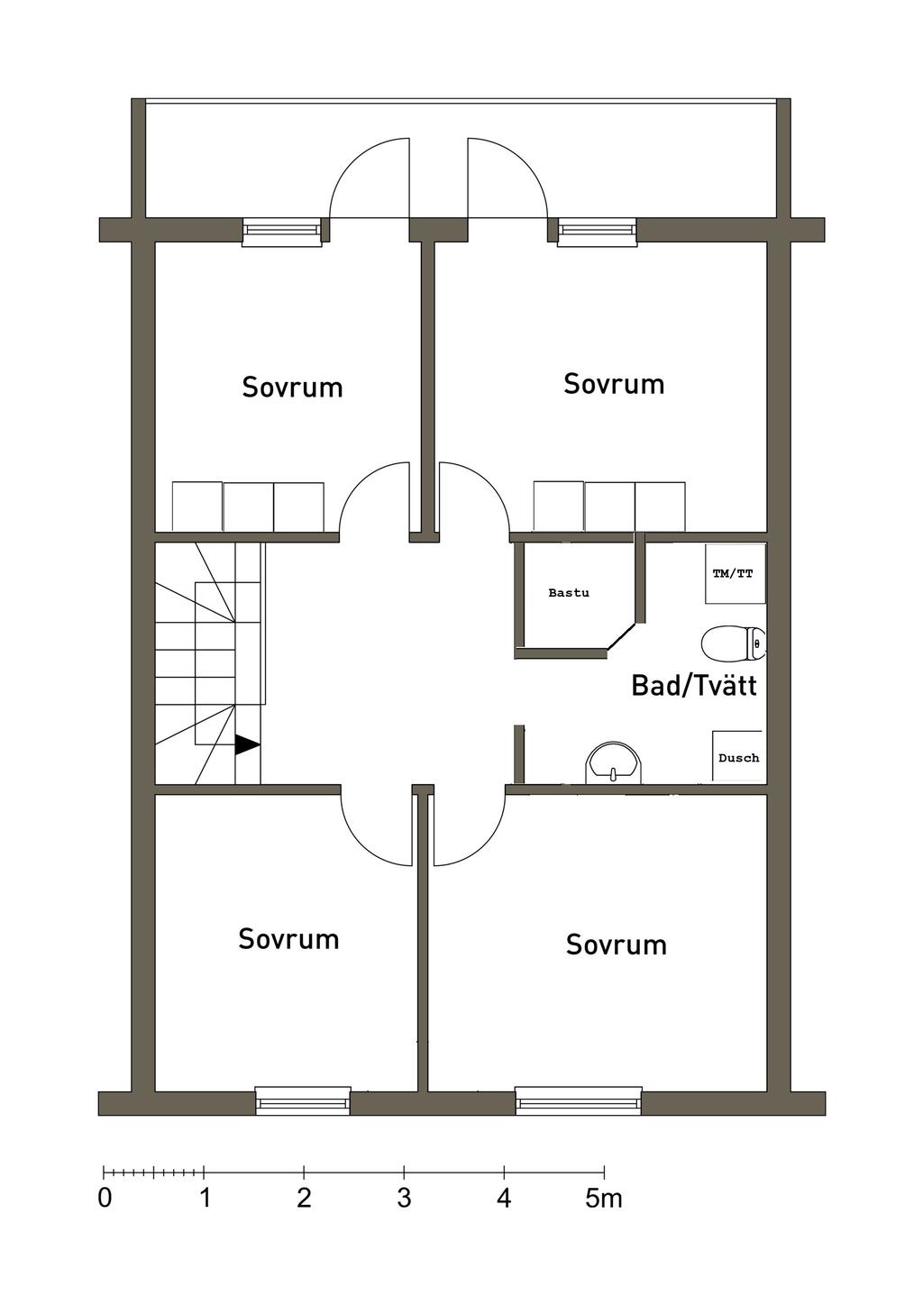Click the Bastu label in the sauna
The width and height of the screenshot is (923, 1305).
pos(569,593)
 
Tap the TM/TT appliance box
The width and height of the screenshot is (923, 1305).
pos(734,573)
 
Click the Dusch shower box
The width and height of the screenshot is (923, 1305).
pos(737,757)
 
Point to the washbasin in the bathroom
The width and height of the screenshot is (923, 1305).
pos(613,764)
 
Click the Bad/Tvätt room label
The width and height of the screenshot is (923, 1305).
pos(693,686)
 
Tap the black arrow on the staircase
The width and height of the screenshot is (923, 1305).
pos(247,744)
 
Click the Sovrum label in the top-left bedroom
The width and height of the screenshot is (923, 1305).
pos(292,388)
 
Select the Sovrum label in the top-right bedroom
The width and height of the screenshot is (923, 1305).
pos(614,384)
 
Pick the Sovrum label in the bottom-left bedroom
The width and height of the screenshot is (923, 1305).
pos(288,939)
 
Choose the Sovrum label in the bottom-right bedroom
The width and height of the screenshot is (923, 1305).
pos(617,945)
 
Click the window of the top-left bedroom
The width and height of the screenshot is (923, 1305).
pos(282,233)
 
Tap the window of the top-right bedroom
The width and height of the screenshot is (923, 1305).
pos(597,233)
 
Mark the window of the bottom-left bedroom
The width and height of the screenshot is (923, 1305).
pos(303,1100)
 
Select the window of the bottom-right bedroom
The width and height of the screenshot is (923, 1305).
pos(579,1100)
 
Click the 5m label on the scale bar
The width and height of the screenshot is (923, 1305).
pos(604,1199)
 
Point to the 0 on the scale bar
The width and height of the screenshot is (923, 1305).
pos(105,1199)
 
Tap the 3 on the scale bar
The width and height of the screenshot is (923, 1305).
pos(404,1199)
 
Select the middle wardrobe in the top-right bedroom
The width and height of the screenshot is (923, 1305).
pos(609,506)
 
